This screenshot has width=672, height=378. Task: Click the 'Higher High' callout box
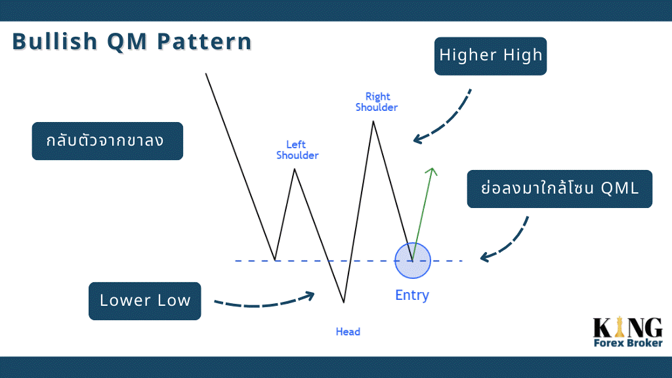pos(490,56)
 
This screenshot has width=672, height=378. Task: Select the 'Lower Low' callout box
pos(145,301)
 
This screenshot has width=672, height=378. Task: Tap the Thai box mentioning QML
pos(560,189)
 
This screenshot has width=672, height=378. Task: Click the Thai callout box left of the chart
pos(108,141)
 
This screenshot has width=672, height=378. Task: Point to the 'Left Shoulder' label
pos(297,150)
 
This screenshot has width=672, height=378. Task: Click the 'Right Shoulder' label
pos(377,102)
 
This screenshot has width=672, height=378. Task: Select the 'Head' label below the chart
pos(348,331)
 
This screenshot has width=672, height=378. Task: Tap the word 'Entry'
pos(412,295)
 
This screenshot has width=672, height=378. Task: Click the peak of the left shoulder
pos(295,169)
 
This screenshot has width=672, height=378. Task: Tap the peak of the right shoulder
pos(373,121)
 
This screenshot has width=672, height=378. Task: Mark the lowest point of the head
pos(344,303)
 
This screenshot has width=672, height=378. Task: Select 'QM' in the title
pos(128,42)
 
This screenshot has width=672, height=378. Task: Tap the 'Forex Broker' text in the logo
pos(628,343)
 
